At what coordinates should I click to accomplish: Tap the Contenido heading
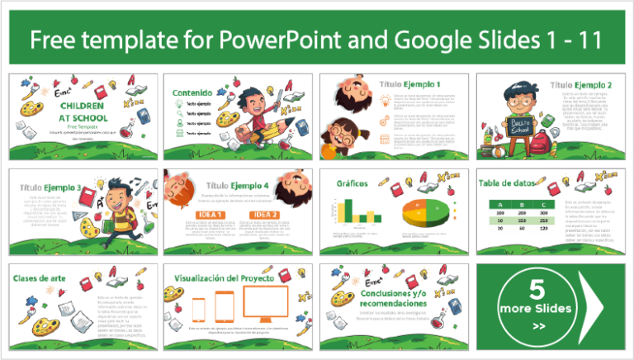(188, 93)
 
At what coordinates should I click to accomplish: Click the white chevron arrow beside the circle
(593, 301)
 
